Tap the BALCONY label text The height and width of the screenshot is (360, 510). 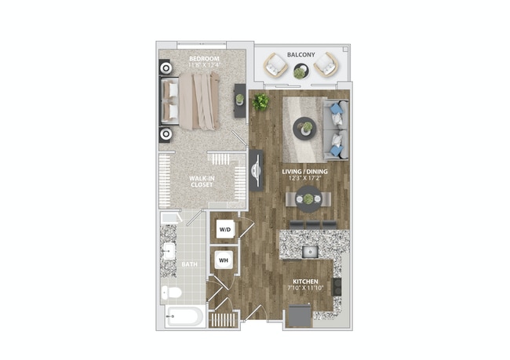(301, 54)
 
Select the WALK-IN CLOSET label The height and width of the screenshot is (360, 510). (202, 182)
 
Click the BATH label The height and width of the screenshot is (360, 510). (190, 265)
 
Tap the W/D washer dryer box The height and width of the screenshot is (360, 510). (226, 230)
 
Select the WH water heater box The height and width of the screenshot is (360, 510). (224, 260)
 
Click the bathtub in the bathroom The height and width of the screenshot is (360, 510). (185, 318)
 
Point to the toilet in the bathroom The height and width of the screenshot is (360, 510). (173, 293)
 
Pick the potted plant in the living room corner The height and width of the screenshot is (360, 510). (260, 101)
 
